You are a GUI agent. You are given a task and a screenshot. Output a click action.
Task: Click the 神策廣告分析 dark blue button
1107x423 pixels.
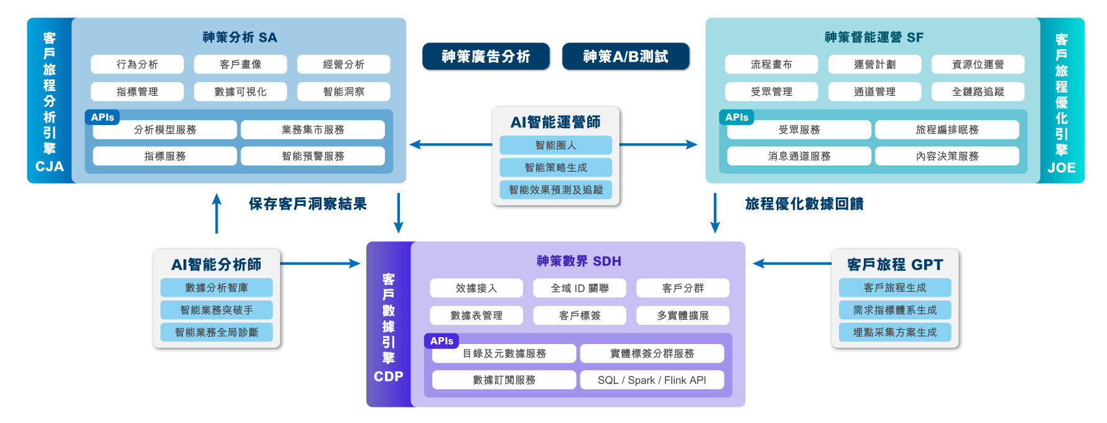click(486, 57)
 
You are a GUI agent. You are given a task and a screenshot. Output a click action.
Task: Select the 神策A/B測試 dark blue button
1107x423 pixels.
click(626, 57)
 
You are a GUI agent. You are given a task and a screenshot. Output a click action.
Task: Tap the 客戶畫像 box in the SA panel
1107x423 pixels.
click(240, 64)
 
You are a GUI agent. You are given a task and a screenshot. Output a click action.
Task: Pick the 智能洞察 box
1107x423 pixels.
click(343, 91)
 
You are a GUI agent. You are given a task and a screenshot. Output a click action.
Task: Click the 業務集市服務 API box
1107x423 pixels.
click(313, 129)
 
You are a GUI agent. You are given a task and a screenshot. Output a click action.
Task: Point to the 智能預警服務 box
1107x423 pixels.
click(313, 156)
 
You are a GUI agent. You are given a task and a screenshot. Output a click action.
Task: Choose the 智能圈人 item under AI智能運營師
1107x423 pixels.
click(555, 145)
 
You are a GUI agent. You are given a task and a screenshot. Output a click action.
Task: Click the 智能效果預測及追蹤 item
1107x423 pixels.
click(555, 190)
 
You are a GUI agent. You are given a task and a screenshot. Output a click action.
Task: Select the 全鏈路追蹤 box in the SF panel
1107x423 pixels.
click(978, 91)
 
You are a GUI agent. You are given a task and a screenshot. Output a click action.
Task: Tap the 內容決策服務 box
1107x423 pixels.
click(947, 156)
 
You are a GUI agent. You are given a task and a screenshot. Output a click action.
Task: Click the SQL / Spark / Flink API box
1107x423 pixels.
click(652, 380)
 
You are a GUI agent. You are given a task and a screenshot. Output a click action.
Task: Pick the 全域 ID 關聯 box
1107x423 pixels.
click(580, 288)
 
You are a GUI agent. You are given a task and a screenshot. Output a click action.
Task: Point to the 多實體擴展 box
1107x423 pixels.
click(683, 315)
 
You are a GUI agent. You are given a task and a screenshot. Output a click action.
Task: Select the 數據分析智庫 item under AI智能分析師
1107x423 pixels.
click(216, 287)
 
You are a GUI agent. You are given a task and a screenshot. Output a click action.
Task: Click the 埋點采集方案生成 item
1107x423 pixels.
click(894, 332)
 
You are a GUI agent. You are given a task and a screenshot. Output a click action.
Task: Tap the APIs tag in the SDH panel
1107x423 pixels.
click(442, 341)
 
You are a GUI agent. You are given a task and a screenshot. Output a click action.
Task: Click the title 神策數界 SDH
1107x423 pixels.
click(578, 261)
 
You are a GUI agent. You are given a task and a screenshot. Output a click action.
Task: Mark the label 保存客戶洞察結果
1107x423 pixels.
click(308, 204)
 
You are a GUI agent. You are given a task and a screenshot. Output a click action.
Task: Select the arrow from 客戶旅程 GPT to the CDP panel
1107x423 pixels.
click(791, 264)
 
